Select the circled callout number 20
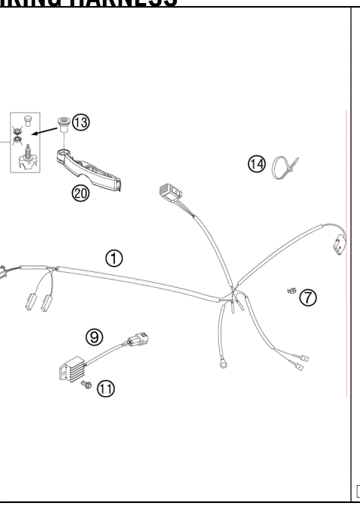coord(80,193)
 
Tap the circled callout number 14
coord(257,163)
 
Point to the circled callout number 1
coord(113,258)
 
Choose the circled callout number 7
coord(307,298)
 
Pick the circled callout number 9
coord(94,337)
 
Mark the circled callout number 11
coord(106,388)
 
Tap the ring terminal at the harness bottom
coord(223,367)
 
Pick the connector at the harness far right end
coord(338,244)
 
